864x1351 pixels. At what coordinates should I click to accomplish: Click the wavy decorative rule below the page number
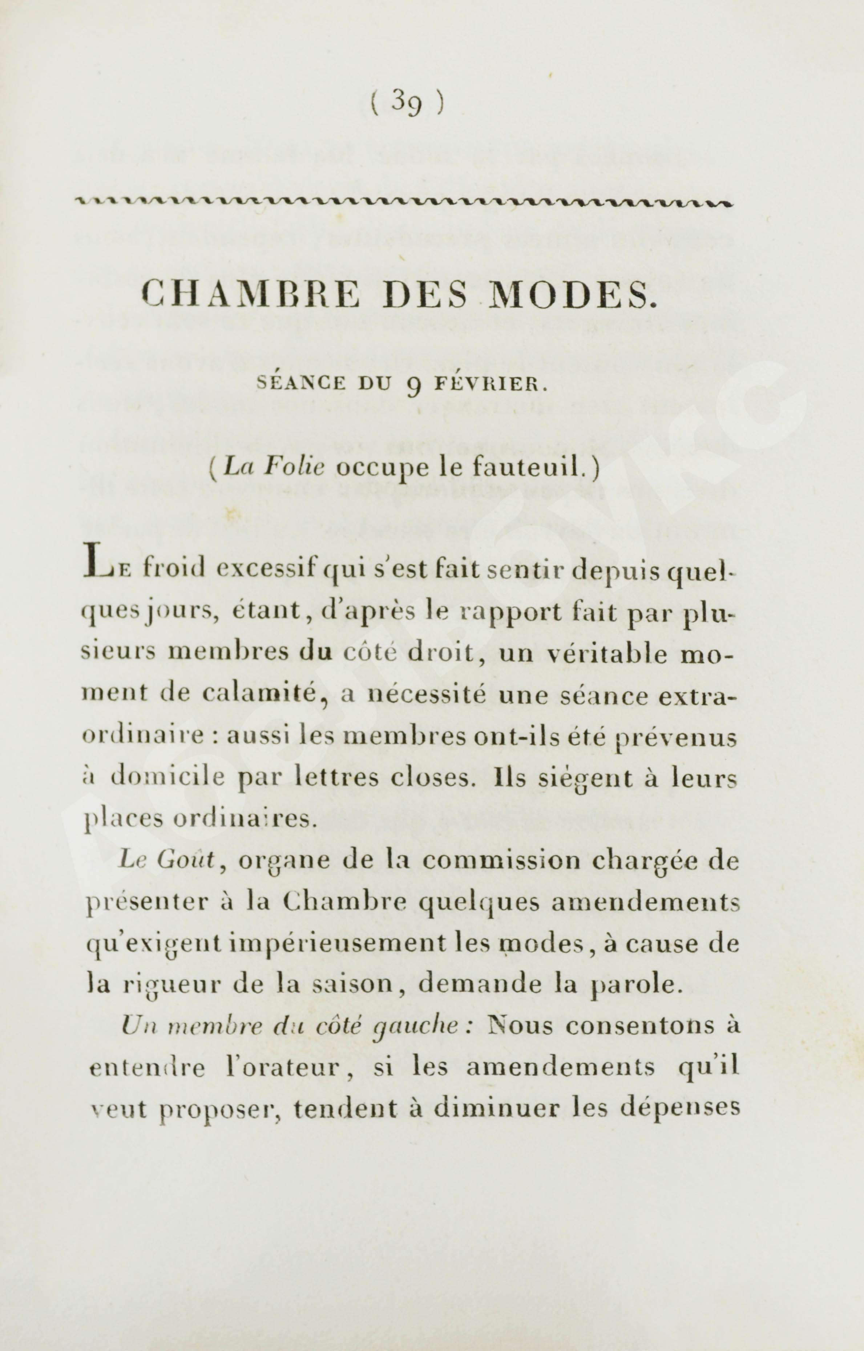pos(404,203)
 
